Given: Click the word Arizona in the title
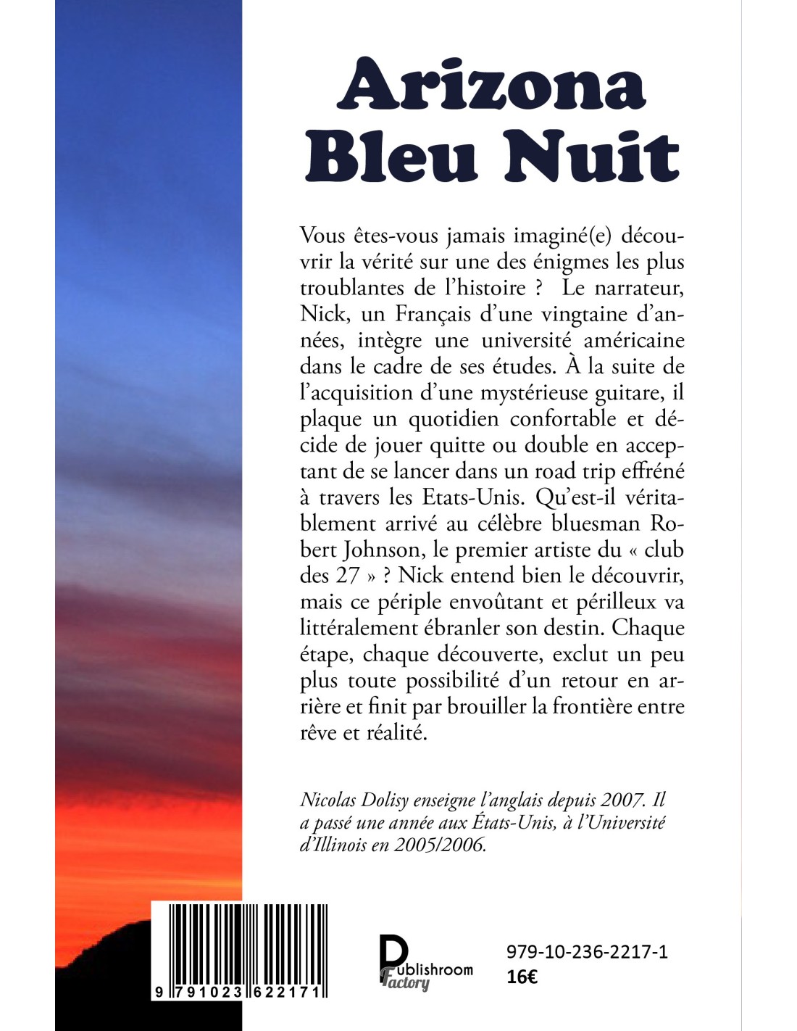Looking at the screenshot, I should click(492, 86).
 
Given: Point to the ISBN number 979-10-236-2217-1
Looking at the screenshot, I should click(587, 951).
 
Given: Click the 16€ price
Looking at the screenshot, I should click(522, 977).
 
